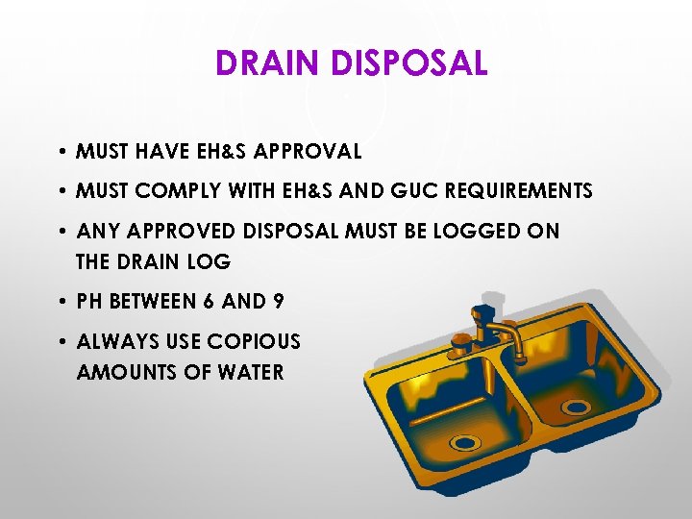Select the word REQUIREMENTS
click(520, 191)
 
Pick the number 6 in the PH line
click(208, 301)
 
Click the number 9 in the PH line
click(279, 301)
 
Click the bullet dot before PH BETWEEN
click(61, 302)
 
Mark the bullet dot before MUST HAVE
click(61, 152)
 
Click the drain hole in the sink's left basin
click(465, 443)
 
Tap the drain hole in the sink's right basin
click(576, 407)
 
